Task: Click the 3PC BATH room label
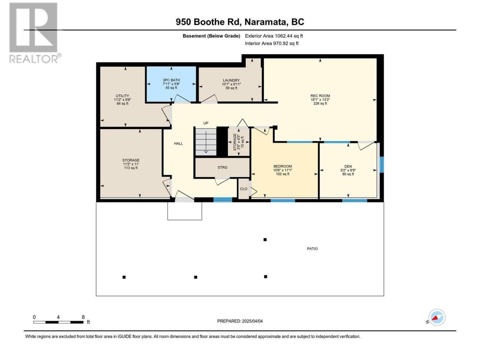click(171, 80)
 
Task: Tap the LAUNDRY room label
click(231, 80)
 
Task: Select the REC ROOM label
click(320, 96)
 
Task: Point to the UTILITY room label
click(122, 96)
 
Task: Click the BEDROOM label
click(282, 166)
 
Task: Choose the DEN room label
click(348, 166)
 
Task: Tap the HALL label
click(178, 143)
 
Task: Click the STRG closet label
click(222, 167)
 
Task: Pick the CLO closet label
click(244, 189)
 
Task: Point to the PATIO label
click(312, 249)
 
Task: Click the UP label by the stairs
click(205, 123)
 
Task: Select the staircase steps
click(206, 142)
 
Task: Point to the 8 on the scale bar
click(83, 317)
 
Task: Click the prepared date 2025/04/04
click(252, 321)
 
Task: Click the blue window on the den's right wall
click(382, 165)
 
